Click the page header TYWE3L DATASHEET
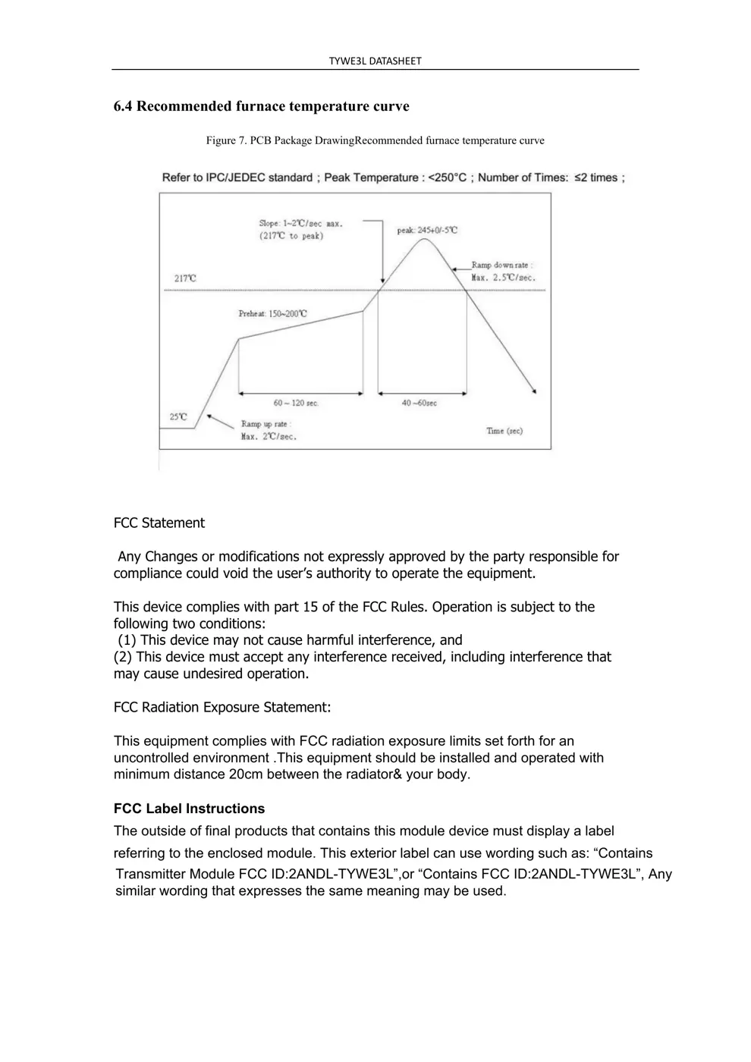coord(375,61)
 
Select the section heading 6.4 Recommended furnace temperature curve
coord(261,106)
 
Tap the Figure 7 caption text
coord(375,140)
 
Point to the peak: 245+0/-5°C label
coord(427,230)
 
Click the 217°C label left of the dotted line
coord(185,278)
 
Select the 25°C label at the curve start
coord(178,416)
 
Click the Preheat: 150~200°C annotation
coord(273,313)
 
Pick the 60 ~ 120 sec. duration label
coord(296,403)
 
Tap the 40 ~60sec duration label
coord(419,403)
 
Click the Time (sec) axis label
coord(504,431)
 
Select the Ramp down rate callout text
coord(503,271)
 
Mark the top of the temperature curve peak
coord(423,240)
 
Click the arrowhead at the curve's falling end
coord(535,391)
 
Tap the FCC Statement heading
coord(159,523)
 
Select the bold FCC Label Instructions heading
coord(189,809)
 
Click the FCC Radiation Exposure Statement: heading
coord(222,707)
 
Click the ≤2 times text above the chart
coord(599,178)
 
